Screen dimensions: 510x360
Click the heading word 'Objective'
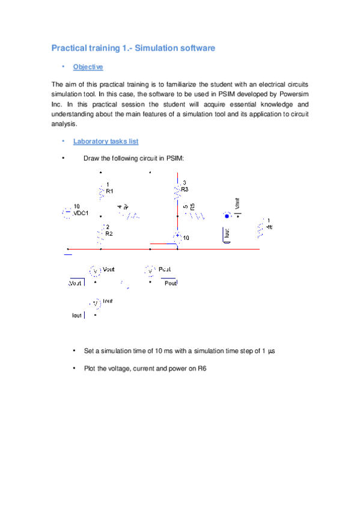pos(88,67)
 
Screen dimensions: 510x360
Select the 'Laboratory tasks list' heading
pos(105,141)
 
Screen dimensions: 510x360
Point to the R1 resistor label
pos(110,191)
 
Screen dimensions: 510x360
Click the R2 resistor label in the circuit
pos(109,234)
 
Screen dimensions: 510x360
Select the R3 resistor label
pos(185,189)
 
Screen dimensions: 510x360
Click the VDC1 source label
pos(81,213)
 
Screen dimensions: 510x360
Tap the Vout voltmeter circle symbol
pos(95,271)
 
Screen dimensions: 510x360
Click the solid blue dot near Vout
pos(227,215)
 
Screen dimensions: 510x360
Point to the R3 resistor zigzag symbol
pos(177,191)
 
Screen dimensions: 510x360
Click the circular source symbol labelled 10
pos(178,237)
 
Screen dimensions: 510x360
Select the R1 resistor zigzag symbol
pos(101,191)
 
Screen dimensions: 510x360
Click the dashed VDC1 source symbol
pos(66,212)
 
